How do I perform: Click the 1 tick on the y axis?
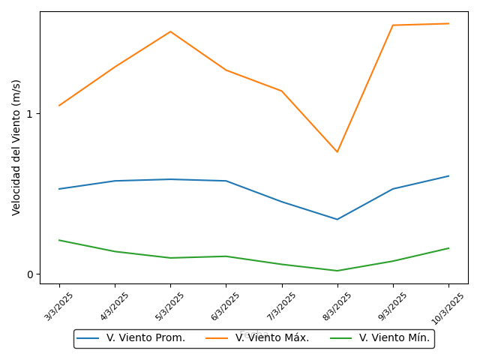[x=30, y=114]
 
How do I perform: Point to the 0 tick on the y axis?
[x=30, y=274]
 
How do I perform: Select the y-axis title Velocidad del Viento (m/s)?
[x=16, y=147]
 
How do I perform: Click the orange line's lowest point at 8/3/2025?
[x=337, y=152]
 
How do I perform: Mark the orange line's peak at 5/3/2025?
[x=170, y=31]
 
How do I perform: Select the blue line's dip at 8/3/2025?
[x=337, y=219]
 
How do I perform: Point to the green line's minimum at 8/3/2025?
[x=337, y=271]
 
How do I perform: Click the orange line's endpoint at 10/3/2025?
[x=448, y=23]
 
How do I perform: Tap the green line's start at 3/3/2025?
[x=59, y=240]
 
